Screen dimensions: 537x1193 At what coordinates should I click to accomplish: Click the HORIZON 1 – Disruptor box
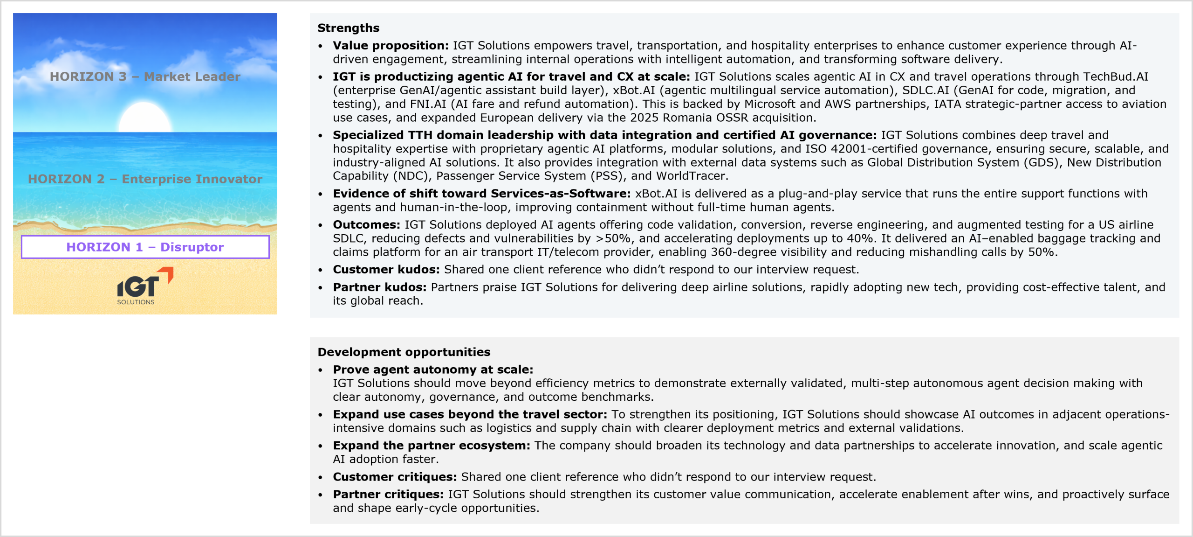(x=145, y=247)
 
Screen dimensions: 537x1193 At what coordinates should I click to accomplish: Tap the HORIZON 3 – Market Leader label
(x=145, y=77)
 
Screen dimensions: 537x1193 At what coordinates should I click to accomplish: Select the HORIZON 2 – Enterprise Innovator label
(x=145, y=179)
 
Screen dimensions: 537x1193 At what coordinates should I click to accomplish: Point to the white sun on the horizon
(x=145, y=118)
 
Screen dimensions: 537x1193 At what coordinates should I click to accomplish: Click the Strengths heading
(x=348, y=28)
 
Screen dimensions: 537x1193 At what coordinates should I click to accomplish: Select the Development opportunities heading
(x=404, y=352)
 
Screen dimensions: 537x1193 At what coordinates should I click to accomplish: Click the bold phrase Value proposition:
(x=391, y=46)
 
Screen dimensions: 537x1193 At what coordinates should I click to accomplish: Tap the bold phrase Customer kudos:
(x=386, y=270)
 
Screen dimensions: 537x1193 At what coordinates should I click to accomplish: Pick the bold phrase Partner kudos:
(x=379, y=287)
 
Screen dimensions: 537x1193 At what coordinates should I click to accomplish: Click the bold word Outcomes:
(x=366, y=225)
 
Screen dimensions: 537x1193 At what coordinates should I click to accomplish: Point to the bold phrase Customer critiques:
(x=395, y=477)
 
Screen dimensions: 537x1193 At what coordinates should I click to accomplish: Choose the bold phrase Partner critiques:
(x=388, y=495)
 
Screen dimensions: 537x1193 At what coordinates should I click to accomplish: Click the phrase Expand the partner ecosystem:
(x=431, y=446)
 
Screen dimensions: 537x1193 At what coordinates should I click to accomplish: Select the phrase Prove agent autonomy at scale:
(x=433, y=370)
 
